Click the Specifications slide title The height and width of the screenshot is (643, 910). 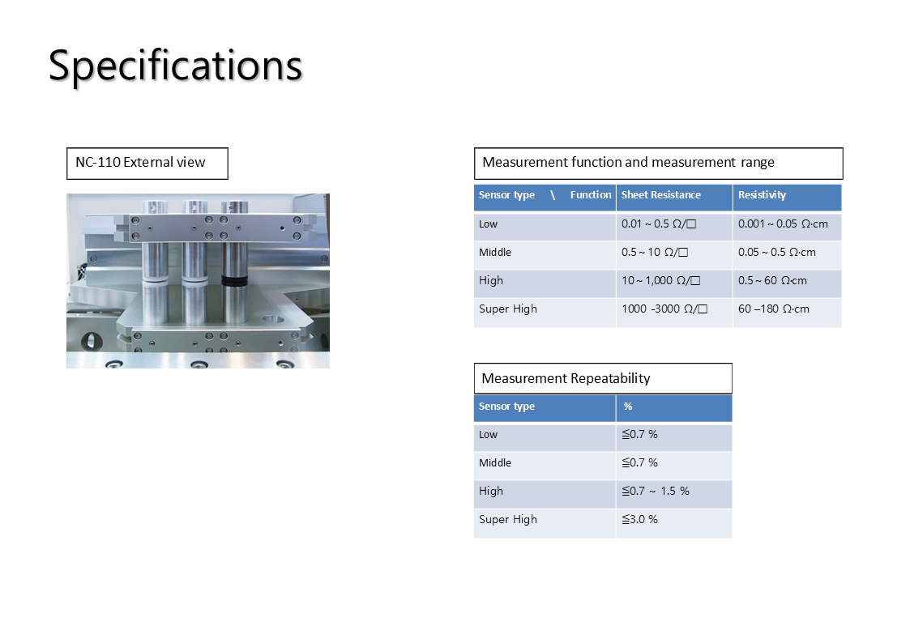(x=175, y=66)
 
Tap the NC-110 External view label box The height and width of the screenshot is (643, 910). (x=147, y=164)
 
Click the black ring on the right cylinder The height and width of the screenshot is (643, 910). (x=234, y=281)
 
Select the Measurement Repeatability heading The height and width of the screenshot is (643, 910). (x=566, y=379)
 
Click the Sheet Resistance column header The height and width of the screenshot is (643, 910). (x=661, y=195)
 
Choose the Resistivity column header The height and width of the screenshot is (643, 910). (x=762, y=195)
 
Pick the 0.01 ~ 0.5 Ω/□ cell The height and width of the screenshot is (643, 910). (x=659, y=224)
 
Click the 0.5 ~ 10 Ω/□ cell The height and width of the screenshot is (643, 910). (x=655, y=252)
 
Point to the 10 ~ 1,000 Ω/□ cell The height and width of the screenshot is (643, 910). (x=661, y=281)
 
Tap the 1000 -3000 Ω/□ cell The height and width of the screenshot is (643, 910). (x=664, y=309)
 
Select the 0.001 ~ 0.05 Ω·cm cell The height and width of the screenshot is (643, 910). (x=783, y=224)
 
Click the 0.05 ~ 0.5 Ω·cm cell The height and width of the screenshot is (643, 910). (x=777, y=252)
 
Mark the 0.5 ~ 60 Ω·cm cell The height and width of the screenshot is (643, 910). (x=772, y=281)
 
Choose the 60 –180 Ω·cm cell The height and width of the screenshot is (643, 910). (x=774, y=309)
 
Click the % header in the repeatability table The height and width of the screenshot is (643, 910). (x=628, y=407)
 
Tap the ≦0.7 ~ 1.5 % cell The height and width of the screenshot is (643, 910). (x=656, y=491)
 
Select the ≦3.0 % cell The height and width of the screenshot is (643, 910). (x=639, y=520)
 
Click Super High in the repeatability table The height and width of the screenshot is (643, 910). (x=508, y=520)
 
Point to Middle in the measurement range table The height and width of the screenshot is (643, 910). (x=495, y=252)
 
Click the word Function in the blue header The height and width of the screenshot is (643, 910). (x=591, y=195)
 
